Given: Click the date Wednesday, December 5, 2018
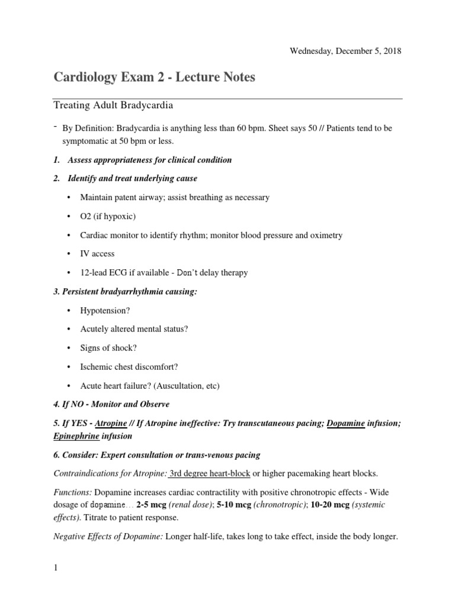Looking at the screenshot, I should [x=345, y=51].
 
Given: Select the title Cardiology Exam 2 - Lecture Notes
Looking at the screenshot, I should [x=155, y=78].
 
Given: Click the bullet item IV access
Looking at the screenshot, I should [x=98, y=254].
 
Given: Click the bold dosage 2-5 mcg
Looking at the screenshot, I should [x=152, y=504].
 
